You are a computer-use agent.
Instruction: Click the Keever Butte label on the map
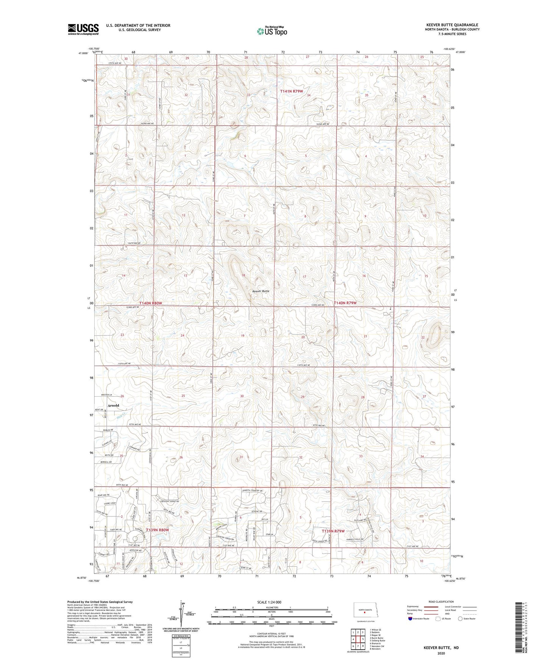pyautogui.click(x=261, y=291)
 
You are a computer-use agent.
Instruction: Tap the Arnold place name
pyautogui.click(x=113, y=405)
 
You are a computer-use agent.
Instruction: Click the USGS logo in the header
pyautogui.click(x=83, y=29)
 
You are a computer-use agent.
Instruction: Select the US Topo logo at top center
pyautogui.click(x=272, y=31)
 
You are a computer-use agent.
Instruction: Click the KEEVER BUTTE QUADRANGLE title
pyautogui.click(x=452, y=25)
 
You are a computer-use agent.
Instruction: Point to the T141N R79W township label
pyautogui.click(x=291, y=91)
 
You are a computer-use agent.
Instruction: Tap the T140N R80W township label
pyautogui.click(x=151, y=303)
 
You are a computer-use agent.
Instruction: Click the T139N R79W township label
pyautogui.click(x=333, y=531)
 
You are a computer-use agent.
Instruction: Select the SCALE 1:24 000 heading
pyautogui.click(x=269, y=602)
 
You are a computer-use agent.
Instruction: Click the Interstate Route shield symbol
pyautogui.click(x=410, y=619)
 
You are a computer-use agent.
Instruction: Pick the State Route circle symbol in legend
pyautogui.click(x=460, y=619)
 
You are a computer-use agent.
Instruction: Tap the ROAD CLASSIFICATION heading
pyautogui.click(x=441, y=602)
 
